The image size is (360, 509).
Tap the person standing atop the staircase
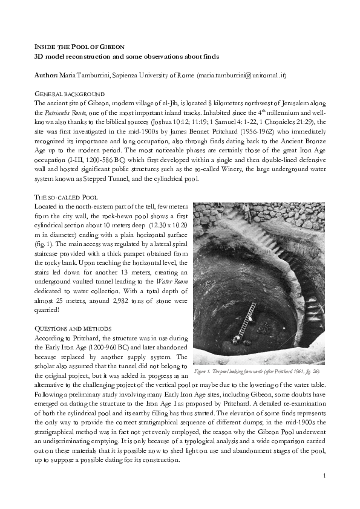[246, 212]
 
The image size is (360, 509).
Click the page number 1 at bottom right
[325, 476]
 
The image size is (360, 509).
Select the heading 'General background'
[68, 95]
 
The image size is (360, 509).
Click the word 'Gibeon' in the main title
[109, 47]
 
